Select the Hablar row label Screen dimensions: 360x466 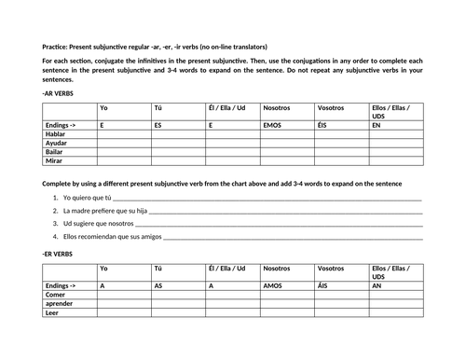[x=57, y=132]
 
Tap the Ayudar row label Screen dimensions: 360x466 [x=58, y=142]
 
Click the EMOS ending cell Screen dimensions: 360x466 [x=274, y=124]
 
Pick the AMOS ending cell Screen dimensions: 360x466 [x=273, y=285]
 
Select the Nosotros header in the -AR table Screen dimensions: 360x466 [x=277, y=107]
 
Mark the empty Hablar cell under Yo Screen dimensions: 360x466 [x=123, y=132]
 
